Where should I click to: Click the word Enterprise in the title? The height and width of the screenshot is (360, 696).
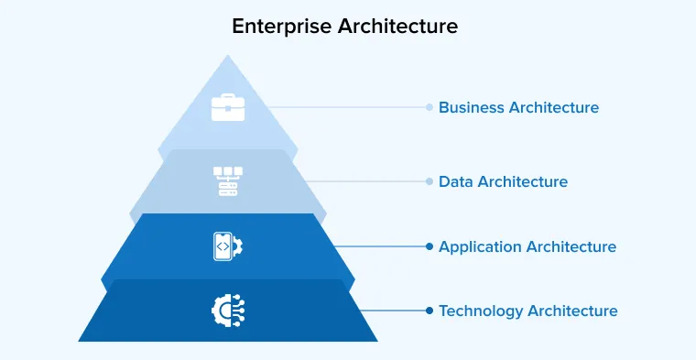281,27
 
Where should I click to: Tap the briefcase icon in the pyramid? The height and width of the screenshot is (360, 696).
227,107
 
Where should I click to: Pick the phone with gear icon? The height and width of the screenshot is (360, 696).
226,245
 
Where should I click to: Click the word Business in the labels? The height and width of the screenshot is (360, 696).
471,108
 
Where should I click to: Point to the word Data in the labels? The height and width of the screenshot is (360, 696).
455,181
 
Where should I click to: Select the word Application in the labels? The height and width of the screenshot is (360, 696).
481,246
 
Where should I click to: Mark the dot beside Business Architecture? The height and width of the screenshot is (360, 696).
429,107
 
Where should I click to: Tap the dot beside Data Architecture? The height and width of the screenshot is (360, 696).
429,181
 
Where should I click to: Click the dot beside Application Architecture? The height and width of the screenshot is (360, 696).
429,246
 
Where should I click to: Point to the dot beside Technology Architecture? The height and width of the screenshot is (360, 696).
429,311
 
